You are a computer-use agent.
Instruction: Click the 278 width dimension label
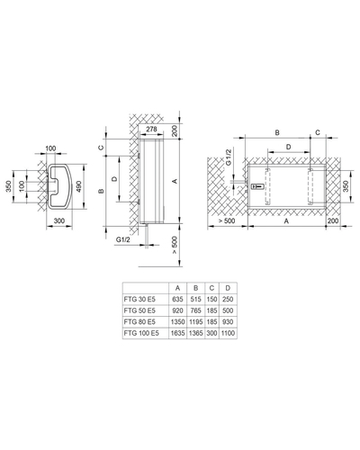151,129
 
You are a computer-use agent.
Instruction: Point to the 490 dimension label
78,186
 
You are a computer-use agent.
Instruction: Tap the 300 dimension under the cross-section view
59,220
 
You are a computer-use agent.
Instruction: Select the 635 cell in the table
177,299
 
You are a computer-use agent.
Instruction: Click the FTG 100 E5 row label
141,333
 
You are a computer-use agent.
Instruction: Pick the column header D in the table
228,288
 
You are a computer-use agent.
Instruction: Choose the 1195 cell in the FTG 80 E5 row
196,322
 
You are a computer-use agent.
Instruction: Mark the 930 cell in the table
228,322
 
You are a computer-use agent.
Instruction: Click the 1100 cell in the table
228,333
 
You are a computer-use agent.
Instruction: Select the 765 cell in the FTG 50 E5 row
196,310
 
